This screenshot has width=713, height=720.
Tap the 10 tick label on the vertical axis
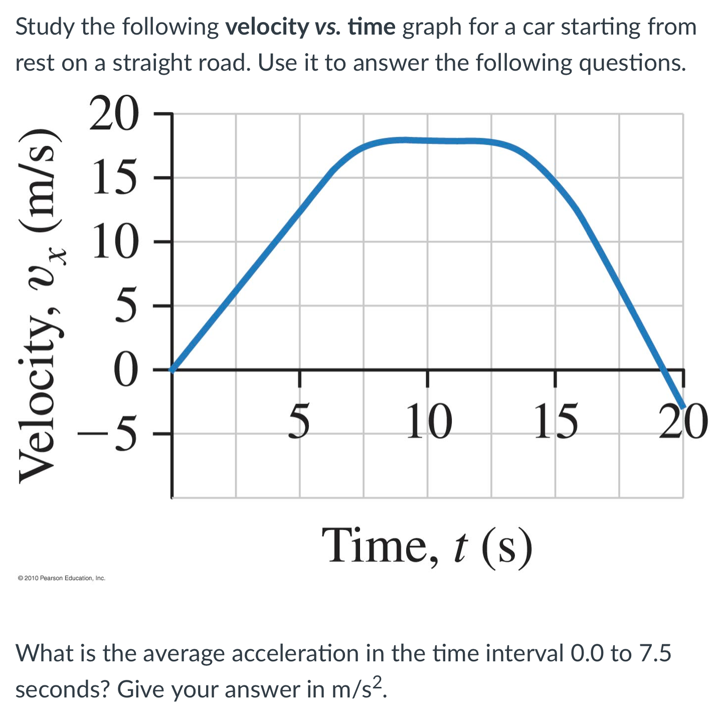coord(114,241)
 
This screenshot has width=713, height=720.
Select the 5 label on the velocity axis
coord(125,305)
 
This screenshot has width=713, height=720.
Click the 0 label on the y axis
coord(125,370)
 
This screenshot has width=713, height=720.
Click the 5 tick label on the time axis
coord(299,421)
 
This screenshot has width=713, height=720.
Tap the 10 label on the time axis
coord(428,421)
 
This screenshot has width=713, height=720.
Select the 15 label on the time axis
coord(555,421)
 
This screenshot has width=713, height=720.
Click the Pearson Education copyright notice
coord(61,578)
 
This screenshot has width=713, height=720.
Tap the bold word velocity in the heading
coord(267,27)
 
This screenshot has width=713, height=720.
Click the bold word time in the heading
coord(372,27)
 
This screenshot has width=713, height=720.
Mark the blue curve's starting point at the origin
coord(172,370)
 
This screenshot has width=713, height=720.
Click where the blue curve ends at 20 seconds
coord(682,405)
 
